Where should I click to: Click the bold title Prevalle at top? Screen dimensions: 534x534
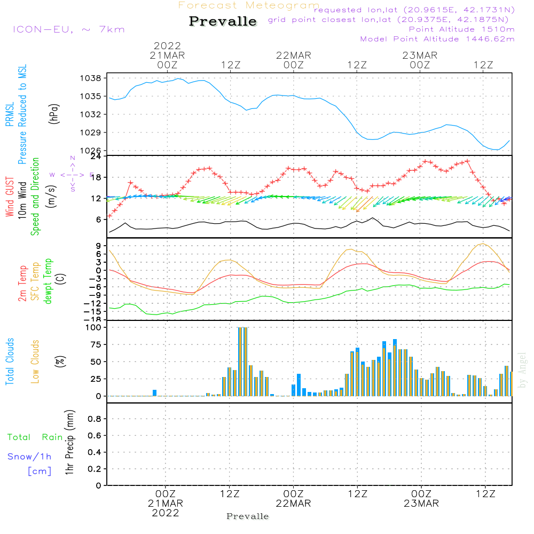tap(223, 22)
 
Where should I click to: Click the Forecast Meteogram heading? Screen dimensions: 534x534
tap(249, 5)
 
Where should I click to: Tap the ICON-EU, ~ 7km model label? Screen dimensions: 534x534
tap(68, 29)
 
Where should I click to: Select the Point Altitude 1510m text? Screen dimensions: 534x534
tap(461, 29)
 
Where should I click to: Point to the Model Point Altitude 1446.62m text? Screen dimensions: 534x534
tap(437, 39)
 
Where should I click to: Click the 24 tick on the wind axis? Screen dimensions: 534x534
tap(97, 156)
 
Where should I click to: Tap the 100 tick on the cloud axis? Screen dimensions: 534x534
tap(94, 327)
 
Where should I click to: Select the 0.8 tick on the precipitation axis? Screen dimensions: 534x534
tap(95, 419)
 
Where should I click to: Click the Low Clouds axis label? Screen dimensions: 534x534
tap(36, 362)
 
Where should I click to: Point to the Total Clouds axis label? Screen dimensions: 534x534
tap(10, 362)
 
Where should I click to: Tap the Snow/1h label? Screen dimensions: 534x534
tap(29, 457)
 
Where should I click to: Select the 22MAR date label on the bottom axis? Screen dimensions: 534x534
tap(293, 504)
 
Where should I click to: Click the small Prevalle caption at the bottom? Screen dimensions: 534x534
tap(248, 516)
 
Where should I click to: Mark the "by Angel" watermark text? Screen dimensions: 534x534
tap(522, 370)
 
